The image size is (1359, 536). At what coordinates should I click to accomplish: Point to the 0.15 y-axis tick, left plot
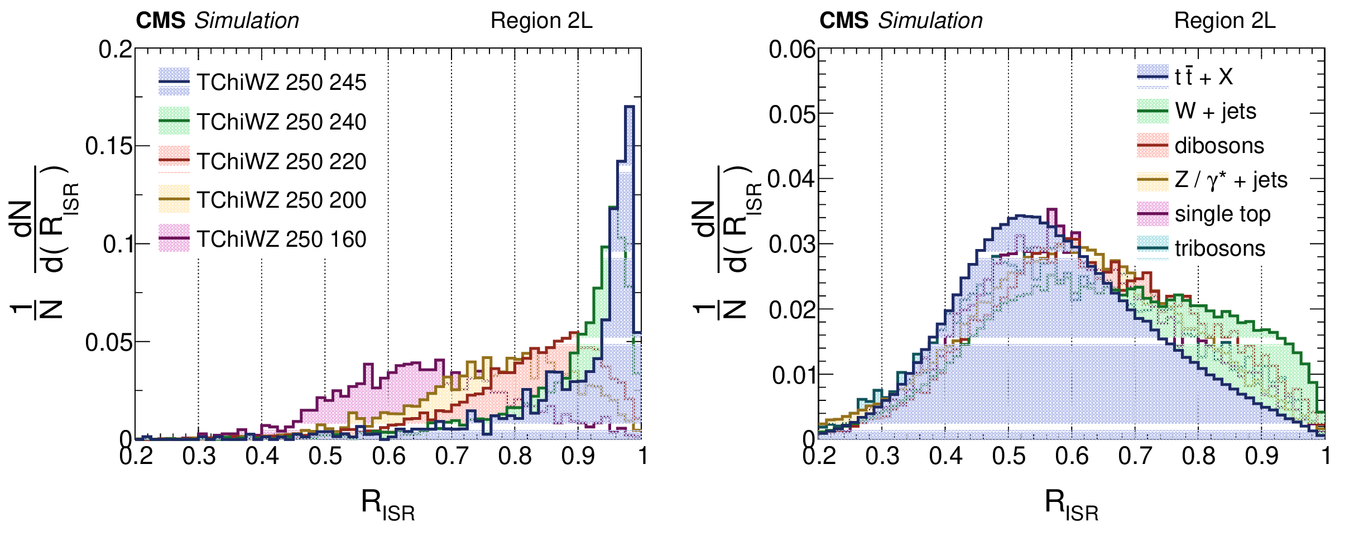pos(109,146)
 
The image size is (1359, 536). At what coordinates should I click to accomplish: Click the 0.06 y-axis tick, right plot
pos(792,50)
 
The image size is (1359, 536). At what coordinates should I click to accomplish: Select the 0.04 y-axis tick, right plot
pos(792,179)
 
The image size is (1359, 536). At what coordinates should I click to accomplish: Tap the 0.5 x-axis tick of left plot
pos(325,456)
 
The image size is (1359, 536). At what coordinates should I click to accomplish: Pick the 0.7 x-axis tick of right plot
pos(1135,456)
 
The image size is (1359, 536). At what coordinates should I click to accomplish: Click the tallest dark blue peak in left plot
pos(629,107)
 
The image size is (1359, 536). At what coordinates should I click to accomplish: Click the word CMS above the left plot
pos(161,21)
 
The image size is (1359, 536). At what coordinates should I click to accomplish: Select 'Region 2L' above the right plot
pos(1224,21)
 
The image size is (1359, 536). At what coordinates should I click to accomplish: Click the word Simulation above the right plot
pos(930,21)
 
